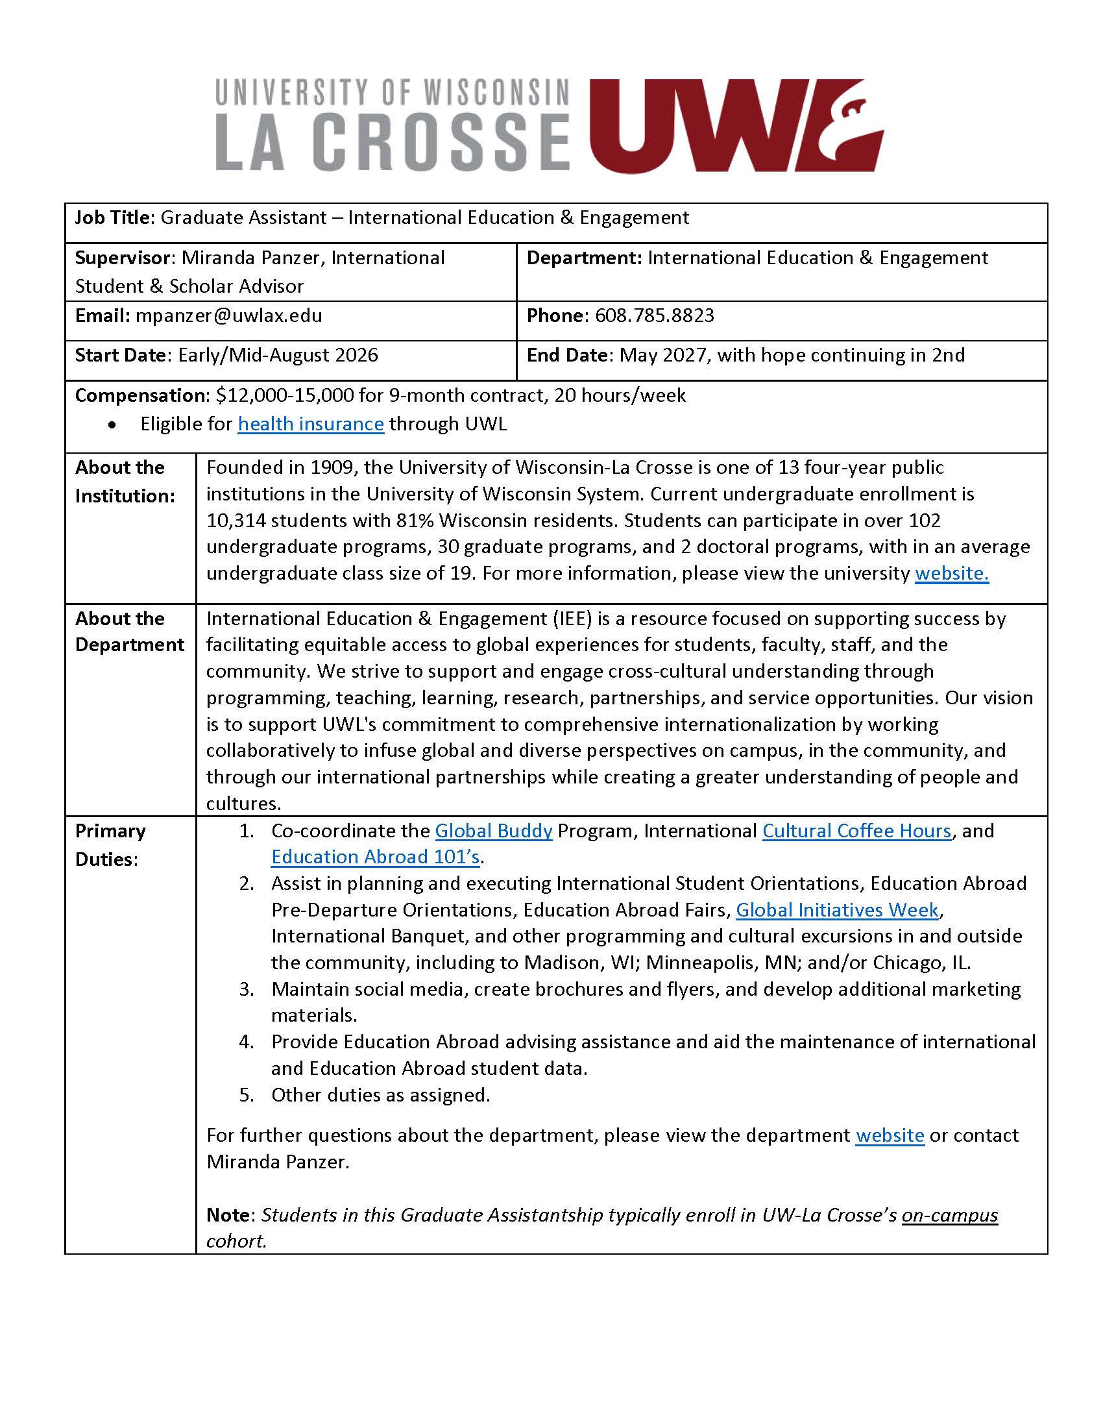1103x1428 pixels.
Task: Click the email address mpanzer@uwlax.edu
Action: point(228,316)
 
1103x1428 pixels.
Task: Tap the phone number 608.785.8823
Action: point(654,316)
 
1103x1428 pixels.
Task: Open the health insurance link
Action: point(310,424)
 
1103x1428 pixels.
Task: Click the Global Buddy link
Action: point(493,830)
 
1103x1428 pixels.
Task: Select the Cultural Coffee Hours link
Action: point(856,830)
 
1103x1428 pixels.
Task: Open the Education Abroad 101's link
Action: point(375,857)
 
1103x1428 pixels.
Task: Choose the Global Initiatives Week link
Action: point(837,909)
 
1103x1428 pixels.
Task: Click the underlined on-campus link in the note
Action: point(949,1214)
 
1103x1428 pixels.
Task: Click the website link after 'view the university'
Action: point(951,572)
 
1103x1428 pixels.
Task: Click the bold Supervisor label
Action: point(122,258)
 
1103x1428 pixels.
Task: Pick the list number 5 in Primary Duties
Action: point(246,1094)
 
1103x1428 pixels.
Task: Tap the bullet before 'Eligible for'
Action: point(113,425)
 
